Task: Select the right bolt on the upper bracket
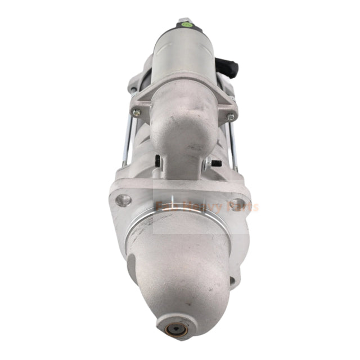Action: click(231, 116)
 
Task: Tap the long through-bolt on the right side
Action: click(231, 146)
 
